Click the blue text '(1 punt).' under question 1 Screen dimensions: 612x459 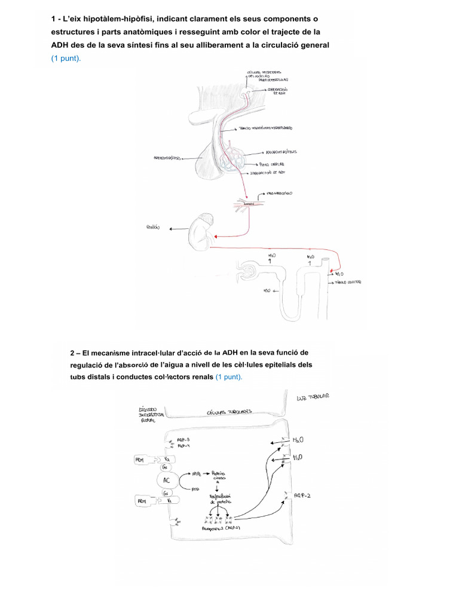pyautogui.click(x=66, y=59)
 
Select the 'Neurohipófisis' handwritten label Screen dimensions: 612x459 pyautogui.click(x=280, y=152)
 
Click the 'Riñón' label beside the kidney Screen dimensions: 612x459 pyautogui.click(x=154, y=227)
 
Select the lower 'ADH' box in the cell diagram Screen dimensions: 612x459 pyautogui.click(x=143, y=500)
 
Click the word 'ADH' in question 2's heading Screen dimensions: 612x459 pyautogui.click(x=231, y=353)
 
